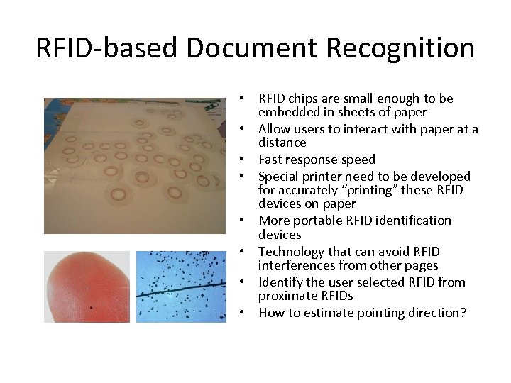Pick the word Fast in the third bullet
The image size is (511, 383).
271,160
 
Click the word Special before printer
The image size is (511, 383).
280,176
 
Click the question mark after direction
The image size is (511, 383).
463,313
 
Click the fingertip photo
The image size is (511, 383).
87,287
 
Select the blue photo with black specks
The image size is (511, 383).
180,287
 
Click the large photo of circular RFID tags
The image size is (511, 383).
135,165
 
